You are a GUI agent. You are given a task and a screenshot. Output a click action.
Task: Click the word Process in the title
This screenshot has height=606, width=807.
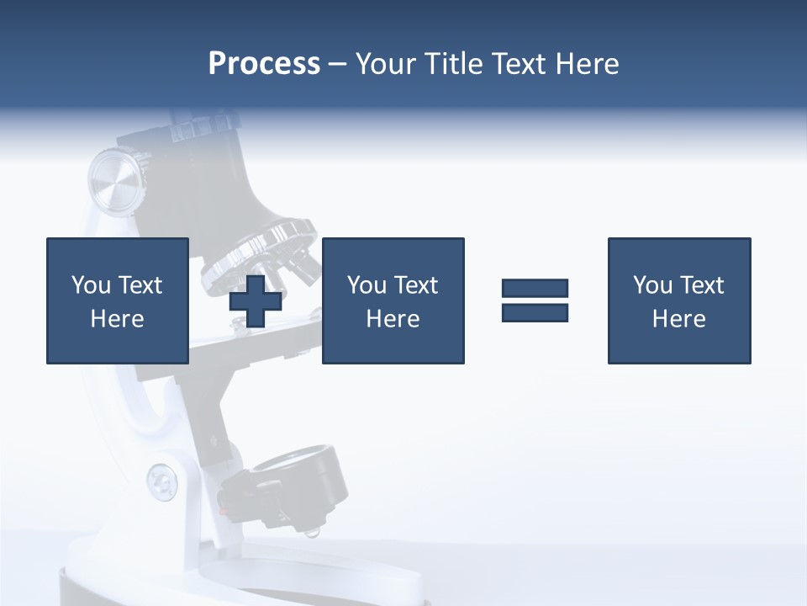264,64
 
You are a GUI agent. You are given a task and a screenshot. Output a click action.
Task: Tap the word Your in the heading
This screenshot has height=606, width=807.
386,64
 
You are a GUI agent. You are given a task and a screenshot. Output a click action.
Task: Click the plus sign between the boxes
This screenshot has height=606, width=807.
256,300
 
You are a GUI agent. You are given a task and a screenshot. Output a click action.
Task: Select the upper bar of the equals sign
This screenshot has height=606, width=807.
535,289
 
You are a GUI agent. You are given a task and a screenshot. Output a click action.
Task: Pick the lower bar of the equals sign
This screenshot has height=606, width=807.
535,312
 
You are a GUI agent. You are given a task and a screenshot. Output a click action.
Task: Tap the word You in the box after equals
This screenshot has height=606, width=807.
651,286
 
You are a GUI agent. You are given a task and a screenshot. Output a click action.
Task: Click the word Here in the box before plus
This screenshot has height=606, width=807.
117,320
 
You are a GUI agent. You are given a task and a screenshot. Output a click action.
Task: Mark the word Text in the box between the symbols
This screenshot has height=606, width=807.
415,286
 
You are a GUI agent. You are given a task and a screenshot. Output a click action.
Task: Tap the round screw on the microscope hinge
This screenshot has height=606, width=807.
161,481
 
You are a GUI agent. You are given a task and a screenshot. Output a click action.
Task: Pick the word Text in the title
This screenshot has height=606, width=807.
518,64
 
